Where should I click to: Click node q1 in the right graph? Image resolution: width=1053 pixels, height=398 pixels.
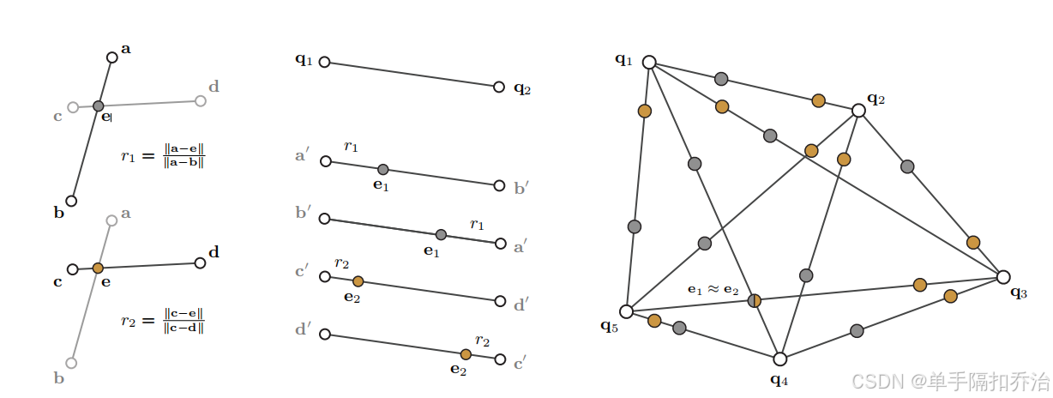pyautogui.click(x=649, y=62)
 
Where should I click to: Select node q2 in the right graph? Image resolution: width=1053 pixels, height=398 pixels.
pyautogui.click(x=858, y=111)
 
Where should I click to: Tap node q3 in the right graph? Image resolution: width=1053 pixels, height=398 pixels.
pyautogui.click(x=1003, y=276)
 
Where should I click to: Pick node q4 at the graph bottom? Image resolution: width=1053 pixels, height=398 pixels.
pyautogui.click(x=779, y=359)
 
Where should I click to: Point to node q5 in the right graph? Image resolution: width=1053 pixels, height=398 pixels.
pyautogui.click(x=627, y=311)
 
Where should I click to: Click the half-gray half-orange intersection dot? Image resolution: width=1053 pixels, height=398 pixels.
pyautogui.click(x=755, y=300)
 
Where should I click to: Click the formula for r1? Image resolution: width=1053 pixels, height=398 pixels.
pyautogui.click(x=163, y=156)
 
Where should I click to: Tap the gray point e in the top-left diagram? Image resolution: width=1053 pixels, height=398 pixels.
pyautogui.click(x=99, y=106)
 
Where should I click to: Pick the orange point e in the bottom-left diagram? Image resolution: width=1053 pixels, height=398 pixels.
pyautogui.click(x=98, y=268)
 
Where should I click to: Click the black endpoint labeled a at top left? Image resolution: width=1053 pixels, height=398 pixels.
pyautogui.click(x=111, y=57)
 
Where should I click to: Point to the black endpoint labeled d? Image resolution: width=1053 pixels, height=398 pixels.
pyautogui.click(x=200, y=262)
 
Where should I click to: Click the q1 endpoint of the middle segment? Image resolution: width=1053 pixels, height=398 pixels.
pyautogui.click(x=324, y=62)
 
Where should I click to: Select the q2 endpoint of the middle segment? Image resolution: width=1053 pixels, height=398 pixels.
pyautogui.click(x=499, y=87)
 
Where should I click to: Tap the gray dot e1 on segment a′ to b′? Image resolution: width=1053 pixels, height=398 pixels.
pyautogui.click(x=382, y=169)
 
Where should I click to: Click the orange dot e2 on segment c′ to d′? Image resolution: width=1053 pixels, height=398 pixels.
pyautogui.click(x=358, y=280)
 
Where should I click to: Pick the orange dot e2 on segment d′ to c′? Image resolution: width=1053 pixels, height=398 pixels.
pyautogui.click(x=466, y=354)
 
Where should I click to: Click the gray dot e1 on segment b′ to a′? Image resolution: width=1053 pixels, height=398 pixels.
pyautogui.click(x=441, y=234)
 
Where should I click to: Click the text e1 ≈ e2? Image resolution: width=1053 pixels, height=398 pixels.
pyautogui.click(x=713, y=290)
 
